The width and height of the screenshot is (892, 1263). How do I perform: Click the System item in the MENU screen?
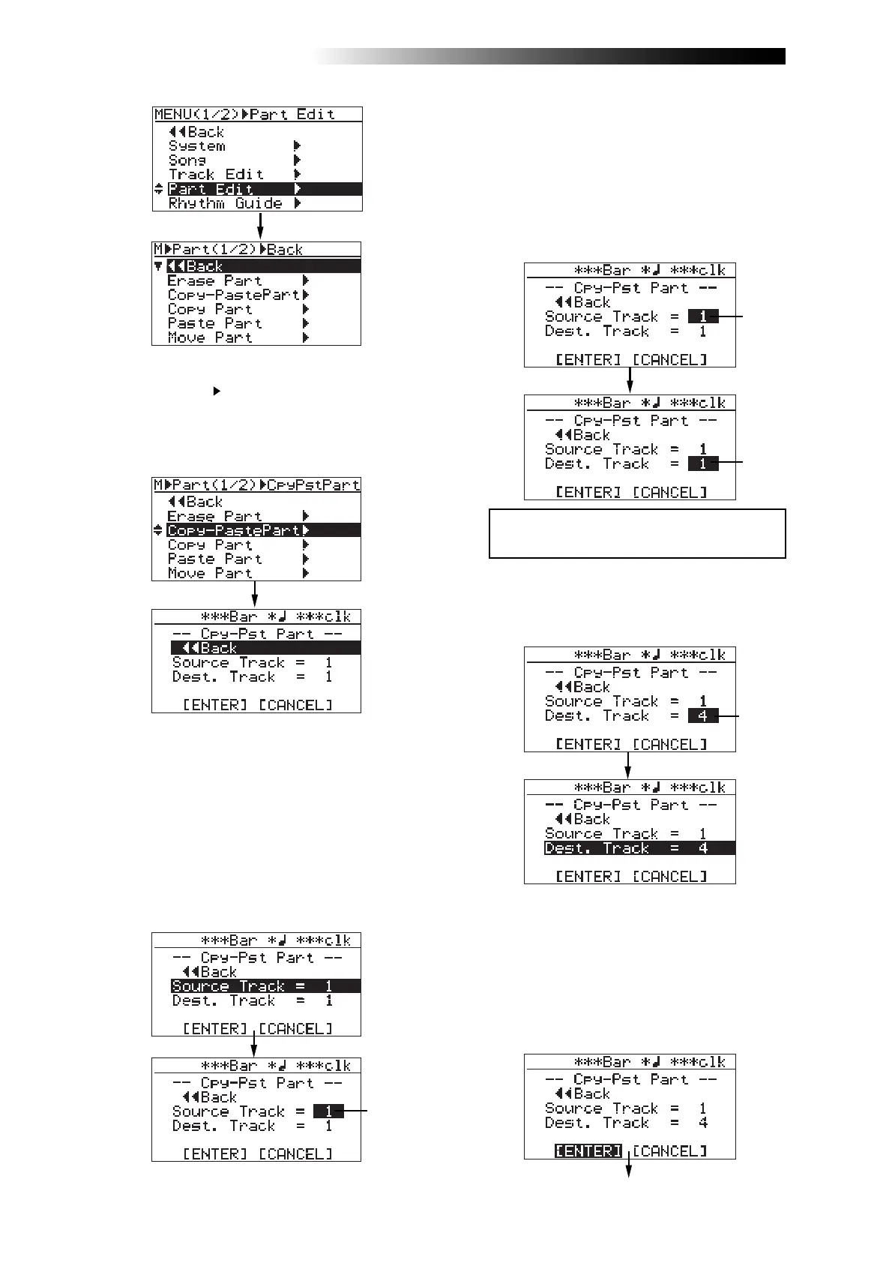[196, 146]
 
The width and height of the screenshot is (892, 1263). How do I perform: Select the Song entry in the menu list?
[187, 160]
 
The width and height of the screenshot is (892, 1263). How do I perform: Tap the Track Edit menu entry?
[216, 175]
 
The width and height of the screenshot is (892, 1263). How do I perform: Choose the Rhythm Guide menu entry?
[225, 203]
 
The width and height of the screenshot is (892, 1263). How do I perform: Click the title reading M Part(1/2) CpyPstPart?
[256, 485]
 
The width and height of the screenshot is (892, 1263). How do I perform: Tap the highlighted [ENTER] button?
[588, 1150]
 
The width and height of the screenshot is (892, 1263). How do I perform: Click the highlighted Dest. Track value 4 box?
[702, 716]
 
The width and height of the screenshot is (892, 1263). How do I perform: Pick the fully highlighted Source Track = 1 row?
[265, 986]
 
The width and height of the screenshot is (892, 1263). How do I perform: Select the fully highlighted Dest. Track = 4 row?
[639, 848]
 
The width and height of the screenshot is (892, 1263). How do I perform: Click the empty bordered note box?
[637, 533]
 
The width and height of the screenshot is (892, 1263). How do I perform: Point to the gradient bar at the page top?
[551, 56]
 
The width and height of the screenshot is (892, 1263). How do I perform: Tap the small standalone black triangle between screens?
[217, 391]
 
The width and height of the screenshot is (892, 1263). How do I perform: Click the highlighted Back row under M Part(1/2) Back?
[262, 266]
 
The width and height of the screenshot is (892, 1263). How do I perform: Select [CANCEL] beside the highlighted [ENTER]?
[669, 1150]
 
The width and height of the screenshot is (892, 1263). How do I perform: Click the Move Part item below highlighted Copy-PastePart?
[210, 574]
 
